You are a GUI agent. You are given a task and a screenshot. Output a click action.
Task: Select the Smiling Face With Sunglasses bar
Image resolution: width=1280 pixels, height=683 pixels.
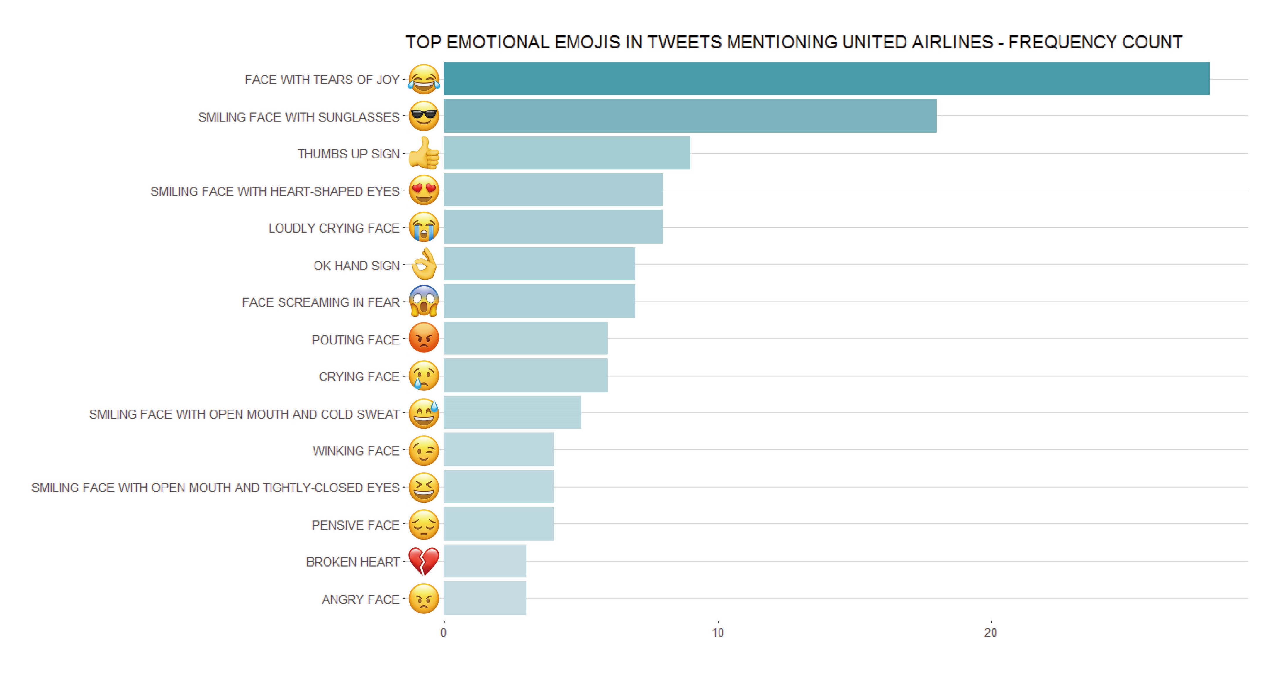click(690, 116)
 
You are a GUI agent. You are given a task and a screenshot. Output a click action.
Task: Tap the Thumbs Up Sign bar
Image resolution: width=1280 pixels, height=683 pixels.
click(566, 153)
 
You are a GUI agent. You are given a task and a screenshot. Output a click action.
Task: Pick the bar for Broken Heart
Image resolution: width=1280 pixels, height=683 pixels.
click(485, 561)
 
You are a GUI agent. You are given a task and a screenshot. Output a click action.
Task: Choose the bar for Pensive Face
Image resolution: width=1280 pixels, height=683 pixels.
click(498, 524)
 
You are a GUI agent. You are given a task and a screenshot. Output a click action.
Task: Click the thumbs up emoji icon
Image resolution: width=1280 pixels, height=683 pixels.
click(424, 153)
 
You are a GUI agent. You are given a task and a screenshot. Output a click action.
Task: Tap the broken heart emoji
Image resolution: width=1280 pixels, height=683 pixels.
click(424, 561)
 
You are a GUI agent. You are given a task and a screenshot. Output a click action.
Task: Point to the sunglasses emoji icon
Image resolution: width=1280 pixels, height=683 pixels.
click(424, 116)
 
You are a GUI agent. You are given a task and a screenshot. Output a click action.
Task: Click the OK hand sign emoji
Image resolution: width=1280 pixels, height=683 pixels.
click(424, 264)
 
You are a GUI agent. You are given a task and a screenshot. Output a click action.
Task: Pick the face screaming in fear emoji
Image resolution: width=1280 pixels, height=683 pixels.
click(424, 302)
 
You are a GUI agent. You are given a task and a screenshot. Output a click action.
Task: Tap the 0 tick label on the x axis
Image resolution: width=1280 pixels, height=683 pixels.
click(443, 633)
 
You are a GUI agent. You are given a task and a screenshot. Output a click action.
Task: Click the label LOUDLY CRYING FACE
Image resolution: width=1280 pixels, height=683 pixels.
click(334, 228)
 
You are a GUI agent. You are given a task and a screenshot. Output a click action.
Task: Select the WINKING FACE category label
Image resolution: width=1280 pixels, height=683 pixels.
click(356, 451)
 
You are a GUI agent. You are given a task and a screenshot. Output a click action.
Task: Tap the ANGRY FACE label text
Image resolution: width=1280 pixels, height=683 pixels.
click(360, 599)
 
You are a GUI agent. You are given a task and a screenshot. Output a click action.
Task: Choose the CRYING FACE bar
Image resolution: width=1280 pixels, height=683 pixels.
click(525, 376)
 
